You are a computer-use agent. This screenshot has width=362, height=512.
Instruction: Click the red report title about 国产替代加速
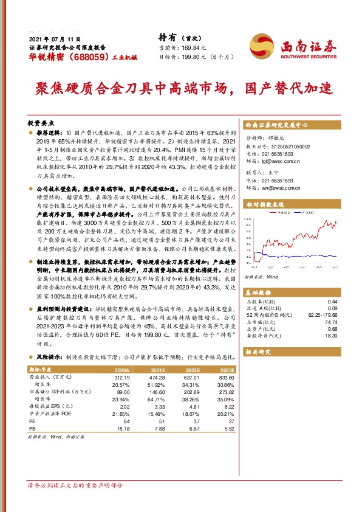182,89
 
